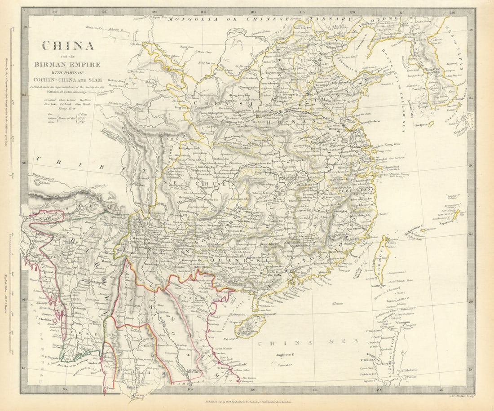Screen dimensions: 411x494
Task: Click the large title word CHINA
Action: (x=68, y=46)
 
